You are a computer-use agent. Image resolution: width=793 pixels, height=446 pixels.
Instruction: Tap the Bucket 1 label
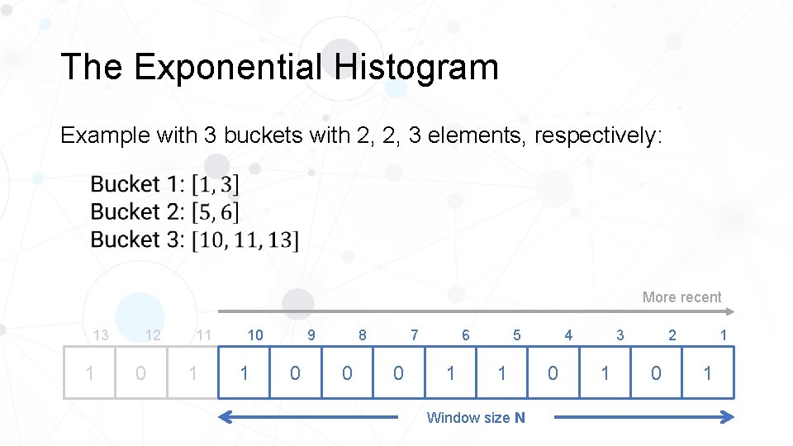(x=136, y=183)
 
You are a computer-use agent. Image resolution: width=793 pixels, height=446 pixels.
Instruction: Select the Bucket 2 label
(x=136, y=211)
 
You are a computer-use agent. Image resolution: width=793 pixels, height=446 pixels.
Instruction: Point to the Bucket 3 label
(x=136, y=240)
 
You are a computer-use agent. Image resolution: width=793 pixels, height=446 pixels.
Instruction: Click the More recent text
(x=681, y=297)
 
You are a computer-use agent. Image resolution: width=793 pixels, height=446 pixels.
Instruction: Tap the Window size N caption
(x=475, y=418)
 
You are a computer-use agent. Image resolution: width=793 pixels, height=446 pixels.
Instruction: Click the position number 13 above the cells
(x=101, y=335)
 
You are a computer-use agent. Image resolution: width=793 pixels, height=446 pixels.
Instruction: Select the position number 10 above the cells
(x=255, y=335)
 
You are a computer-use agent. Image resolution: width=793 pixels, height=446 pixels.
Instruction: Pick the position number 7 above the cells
(x=414, y=335)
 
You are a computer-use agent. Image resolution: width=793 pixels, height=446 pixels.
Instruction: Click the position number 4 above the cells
(x=568, y=335)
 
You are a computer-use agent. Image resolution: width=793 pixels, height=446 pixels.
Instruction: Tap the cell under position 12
(x=141, y=373)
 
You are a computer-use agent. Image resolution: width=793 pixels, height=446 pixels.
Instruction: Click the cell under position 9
(x=296, y=373)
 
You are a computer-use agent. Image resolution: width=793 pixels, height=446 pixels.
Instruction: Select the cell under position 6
(x=450, y=373)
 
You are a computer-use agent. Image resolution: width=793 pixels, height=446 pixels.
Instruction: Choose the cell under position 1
(x=708, y=373)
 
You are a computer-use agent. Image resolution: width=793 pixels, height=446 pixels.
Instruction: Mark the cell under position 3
(x=605, y=373)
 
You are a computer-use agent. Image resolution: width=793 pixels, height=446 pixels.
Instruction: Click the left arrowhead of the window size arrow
(x=224, y=418)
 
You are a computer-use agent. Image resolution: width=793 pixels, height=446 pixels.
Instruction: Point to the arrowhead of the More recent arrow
(x=729, y=311)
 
